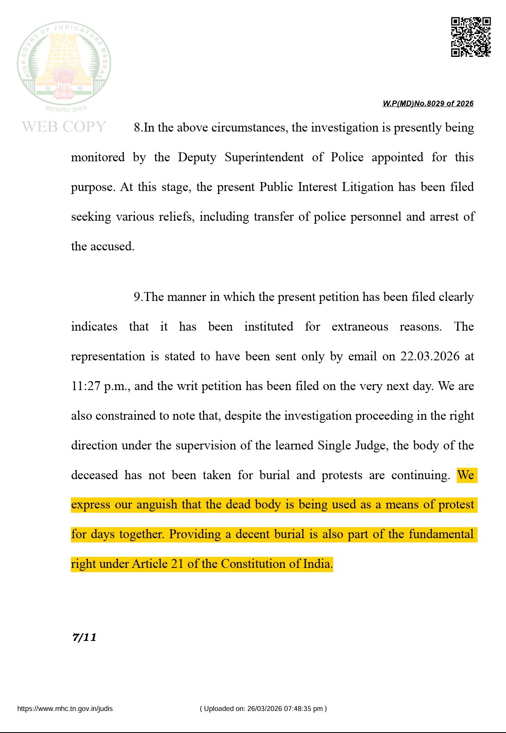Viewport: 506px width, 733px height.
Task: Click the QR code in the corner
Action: coord(470,37)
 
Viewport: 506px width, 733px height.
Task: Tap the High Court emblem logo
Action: coord(64,64)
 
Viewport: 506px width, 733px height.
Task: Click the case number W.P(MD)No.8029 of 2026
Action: coord(428,104)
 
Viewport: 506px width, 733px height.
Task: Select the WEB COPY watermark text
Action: coord(64,126)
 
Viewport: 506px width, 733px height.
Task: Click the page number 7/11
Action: coord(84,637)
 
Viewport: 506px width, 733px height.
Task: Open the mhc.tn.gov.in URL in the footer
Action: coord(65,708)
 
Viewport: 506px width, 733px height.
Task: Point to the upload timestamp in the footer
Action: coord(263,708)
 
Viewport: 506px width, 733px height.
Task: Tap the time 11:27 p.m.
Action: coord(100,386)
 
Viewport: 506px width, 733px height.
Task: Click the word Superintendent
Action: coord(264,157)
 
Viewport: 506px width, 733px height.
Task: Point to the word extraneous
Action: coord(360,326)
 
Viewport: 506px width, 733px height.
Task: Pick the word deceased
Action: coord(94,475)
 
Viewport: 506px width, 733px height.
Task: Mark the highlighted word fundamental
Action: coord(441,534)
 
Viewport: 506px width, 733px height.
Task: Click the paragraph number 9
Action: coord(138,297)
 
